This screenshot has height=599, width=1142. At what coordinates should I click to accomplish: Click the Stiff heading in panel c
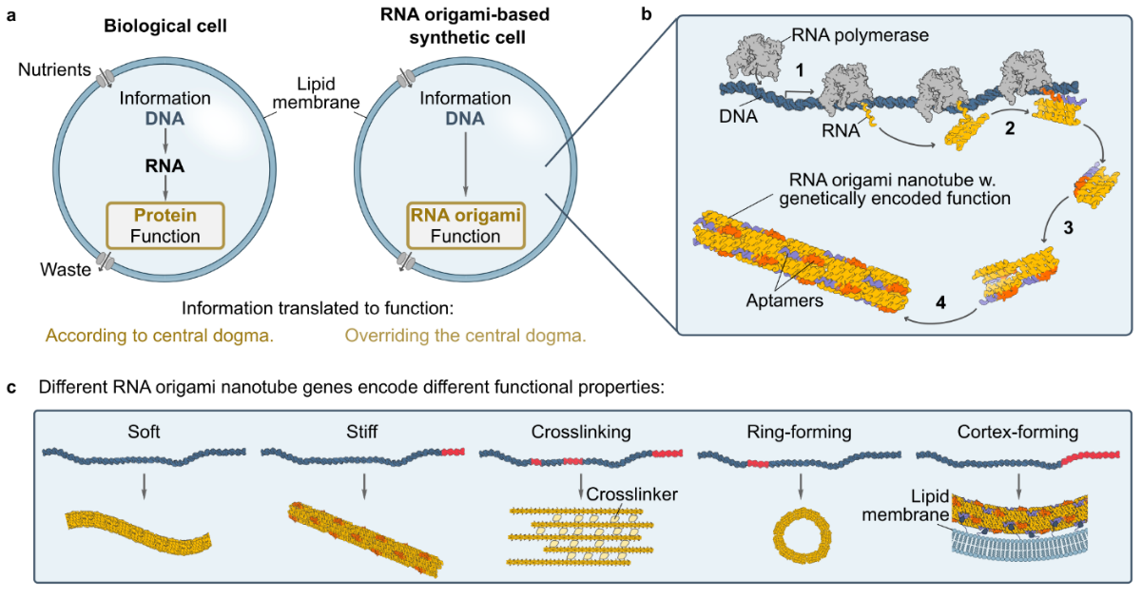point(364,433)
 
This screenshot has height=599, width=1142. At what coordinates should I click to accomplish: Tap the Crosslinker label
point(625,494)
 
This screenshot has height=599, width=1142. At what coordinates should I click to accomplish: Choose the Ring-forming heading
point(800,433)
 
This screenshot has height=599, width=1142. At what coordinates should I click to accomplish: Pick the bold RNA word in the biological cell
point(165,164)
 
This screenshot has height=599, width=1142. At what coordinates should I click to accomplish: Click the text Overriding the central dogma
point(465,335)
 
